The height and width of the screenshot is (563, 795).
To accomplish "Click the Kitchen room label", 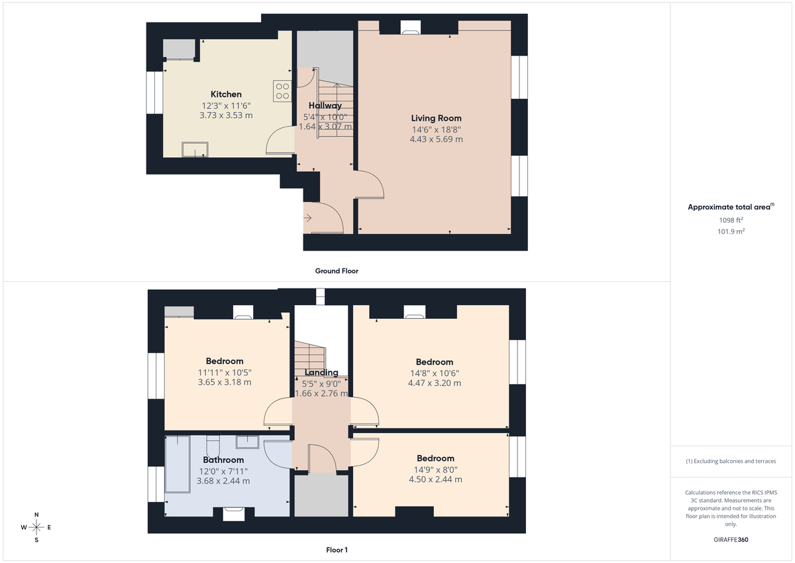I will click(x=226, y=94).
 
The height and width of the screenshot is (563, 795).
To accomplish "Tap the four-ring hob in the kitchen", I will click(x=282, y=90).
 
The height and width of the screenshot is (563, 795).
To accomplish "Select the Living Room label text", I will click(x=436, y=118).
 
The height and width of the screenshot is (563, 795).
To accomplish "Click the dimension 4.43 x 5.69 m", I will click(x=436, y=139).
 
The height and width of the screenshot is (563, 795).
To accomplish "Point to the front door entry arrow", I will click(x=308, y=217).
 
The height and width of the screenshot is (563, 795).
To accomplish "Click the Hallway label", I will click(x=325, y=105).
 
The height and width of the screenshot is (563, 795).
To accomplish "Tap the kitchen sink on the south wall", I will click(x=193, y=151).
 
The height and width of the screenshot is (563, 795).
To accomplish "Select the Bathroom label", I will click(x=223, y=460).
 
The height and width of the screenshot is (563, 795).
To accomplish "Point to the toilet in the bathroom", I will click(x=213, y=442).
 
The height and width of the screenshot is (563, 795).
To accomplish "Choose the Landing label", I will click(x=321, y=373).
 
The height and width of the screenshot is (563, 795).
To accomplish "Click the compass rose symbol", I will click(x=36, y=527).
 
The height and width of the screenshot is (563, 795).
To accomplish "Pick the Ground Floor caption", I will click(x=337, y=271).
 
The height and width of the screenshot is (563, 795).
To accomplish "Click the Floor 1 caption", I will click(x=337, y=550).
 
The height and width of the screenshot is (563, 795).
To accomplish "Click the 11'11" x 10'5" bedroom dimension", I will click(x=225, y=372).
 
